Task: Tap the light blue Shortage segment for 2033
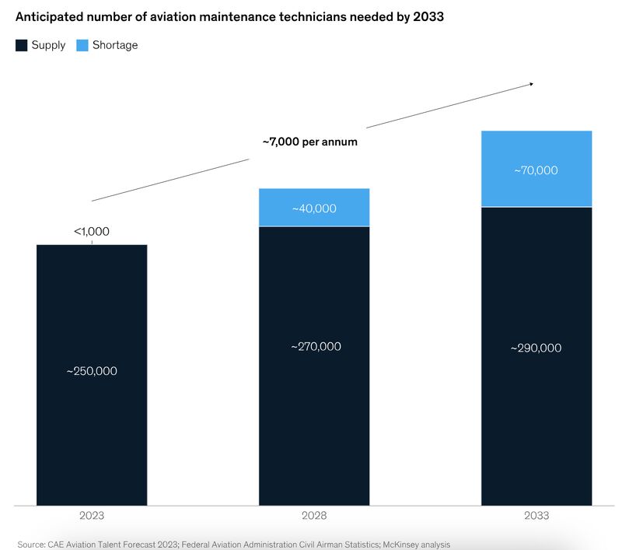pyautogui.click(x=536, y=148)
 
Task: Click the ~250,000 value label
pyautogui.click(x=92, y=371)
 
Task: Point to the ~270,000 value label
pyautogui.click(x=314, y=346)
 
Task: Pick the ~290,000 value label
pyautogui.click(x=536, y=348)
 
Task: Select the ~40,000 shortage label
pyautogui.click(x=314, y=208)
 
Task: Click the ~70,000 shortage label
pyautogui.click(x=536, y=170)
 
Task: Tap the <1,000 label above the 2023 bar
pyautogui.click(x=92, y=231)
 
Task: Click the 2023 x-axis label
pyautogui.click(x=92, y=516)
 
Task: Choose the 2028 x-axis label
pyautogui.click(x=314, y=516)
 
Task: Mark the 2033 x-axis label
pyautogui.click(x=536, y=516)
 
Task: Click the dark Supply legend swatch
pyautogui.click(x=22, y=45)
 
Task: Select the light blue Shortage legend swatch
pyautogui.click(x=82, y=45)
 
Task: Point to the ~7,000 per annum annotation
pyautogui.click(x=309, y=142)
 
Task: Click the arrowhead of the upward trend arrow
pyautogui.click(x=531, y=83)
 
